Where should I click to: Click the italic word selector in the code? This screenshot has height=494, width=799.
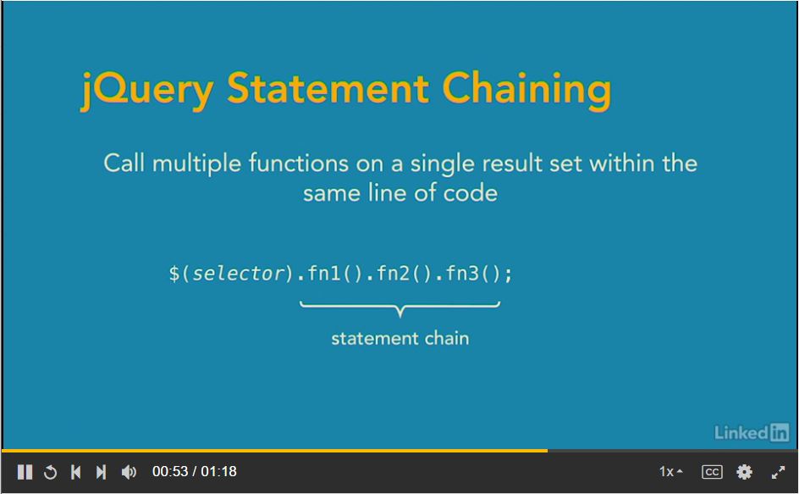coord(238,274)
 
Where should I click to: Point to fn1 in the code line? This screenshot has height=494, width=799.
coord(325,274)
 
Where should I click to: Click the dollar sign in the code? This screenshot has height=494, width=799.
coord(174,274)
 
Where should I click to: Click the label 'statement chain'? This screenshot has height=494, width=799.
coord(399,338)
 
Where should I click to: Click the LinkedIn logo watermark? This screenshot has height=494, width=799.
coord(752,432)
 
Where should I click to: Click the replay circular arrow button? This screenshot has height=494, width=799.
coord(51,472)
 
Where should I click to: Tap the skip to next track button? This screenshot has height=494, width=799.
coord(101,472)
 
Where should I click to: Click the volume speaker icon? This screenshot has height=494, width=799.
coord(129,472)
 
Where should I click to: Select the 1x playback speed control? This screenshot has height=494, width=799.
coord(670,472)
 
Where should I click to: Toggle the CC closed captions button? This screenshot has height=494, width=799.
coord(712,472)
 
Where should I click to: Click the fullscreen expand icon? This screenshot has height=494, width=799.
coord(779,472)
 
